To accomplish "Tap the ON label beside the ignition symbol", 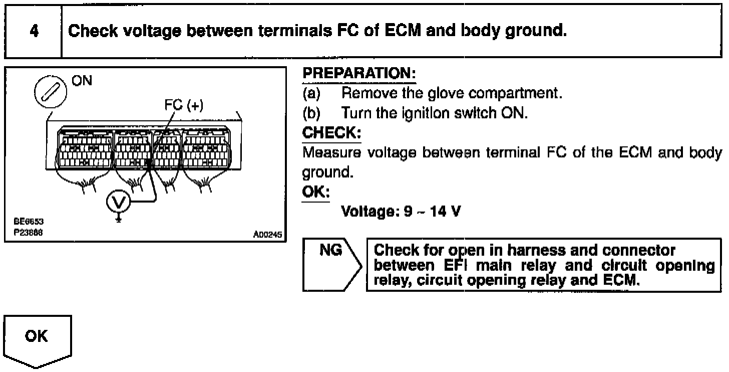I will (82, 81).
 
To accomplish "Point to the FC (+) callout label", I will (184, 106).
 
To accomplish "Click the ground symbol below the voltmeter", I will (118, 219).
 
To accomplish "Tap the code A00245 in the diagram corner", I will (268, 234).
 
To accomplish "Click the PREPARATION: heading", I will (359, 74).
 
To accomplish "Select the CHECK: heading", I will (331, 133).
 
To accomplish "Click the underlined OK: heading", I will (316, 193).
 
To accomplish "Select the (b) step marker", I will (311, 113).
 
